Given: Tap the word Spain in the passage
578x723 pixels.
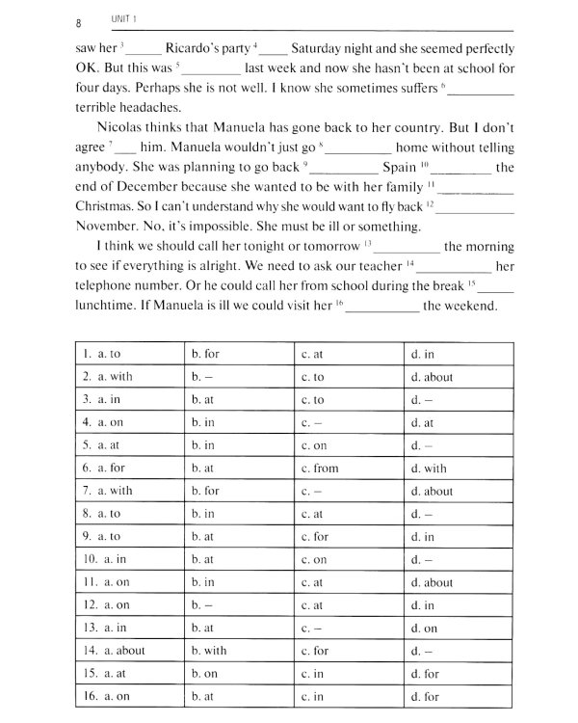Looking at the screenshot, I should pyautogui.click(x=399, y=168).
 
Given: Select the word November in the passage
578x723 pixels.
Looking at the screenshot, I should pyautogui.click(x=110, y=228).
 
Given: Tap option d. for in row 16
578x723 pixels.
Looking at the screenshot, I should pyautogui.click(x=424, y=695).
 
